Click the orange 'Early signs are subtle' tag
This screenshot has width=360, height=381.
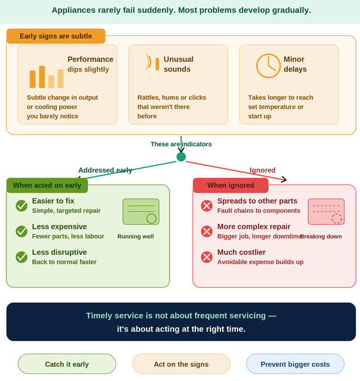56,36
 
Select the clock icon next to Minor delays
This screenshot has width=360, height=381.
268,66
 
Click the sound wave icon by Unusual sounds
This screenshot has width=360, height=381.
152,63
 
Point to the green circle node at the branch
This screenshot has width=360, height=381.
181,157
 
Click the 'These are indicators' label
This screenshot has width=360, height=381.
181,144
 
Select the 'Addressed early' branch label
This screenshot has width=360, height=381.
106,170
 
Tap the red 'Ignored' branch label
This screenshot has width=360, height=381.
262,170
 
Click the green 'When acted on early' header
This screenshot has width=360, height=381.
47,186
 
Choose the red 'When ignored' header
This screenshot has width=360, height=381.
230,186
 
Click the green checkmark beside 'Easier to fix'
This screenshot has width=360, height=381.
22,205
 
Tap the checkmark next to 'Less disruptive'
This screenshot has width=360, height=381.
22,257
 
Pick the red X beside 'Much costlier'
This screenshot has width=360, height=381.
207,257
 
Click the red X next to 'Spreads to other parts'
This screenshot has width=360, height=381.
207,205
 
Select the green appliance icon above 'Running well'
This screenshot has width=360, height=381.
141,211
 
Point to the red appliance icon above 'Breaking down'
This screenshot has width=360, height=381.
326,211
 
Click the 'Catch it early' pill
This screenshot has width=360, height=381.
67,364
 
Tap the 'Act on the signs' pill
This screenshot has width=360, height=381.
181,364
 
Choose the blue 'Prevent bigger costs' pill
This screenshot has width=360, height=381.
295,364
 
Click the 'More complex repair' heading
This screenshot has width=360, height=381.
254,227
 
